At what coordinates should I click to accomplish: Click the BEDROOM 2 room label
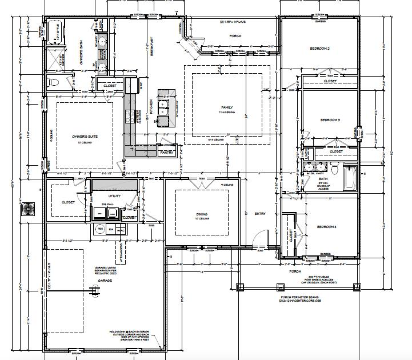pyautogui.click(x=320, y=49)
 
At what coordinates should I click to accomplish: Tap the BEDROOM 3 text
pyautogui.click(x=330, y=120)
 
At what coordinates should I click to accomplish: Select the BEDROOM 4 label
pyautogui.click(x=326, y=227)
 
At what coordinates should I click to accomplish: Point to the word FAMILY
pyautogui.click(x=227, y=107)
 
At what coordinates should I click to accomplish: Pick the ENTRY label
pyautogui.click(x=259, y=214)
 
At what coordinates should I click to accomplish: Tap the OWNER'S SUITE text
pyautogui.click(x=83, y=137)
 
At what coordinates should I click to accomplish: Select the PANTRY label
pyautogui.click(x=166, y=153)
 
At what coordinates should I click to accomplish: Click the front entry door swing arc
pyautogui.click(x=262, y=237)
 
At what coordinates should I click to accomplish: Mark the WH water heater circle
pyautogui.click(x=101, y=230)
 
